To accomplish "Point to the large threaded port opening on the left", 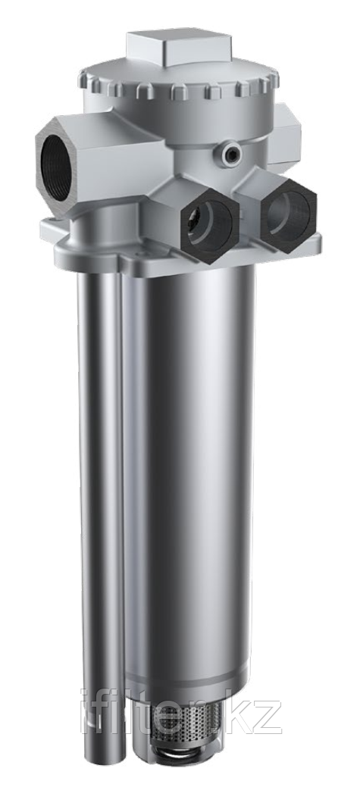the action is point(55,159).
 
